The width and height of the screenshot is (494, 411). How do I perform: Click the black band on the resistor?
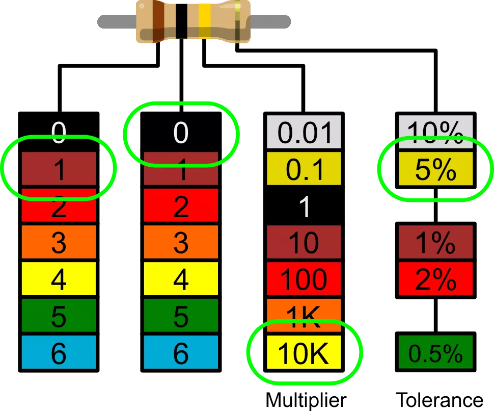181,21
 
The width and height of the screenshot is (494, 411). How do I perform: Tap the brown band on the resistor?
158,21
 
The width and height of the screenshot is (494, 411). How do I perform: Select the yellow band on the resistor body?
204,21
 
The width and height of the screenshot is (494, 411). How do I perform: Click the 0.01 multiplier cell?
304,132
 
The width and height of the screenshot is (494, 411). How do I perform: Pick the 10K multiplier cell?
304,352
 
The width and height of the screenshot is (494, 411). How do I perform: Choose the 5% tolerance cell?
436,169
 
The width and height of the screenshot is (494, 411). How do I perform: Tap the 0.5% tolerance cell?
436,352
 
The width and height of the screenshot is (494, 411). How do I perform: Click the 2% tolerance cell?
436,279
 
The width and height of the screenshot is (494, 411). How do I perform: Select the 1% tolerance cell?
436,242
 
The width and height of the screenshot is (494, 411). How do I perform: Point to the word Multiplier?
306,400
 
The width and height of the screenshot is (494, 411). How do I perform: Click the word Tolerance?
439,400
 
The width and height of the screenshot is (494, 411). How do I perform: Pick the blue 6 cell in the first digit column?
59,352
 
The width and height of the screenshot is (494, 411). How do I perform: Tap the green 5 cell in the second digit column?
181,316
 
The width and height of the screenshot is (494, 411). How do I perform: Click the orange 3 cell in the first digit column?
59,242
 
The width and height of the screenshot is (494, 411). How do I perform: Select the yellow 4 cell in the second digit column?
181,279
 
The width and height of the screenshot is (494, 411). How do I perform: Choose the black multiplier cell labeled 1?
304,205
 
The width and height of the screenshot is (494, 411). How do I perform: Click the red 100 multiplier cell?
304,279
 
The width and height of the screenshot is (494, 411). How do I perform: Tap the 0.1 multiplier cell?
304,169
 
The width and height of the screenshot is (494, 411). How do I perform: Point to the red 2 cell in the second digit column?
181,205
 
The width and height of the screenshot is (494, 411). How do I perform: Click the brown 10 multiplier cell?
304,242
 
